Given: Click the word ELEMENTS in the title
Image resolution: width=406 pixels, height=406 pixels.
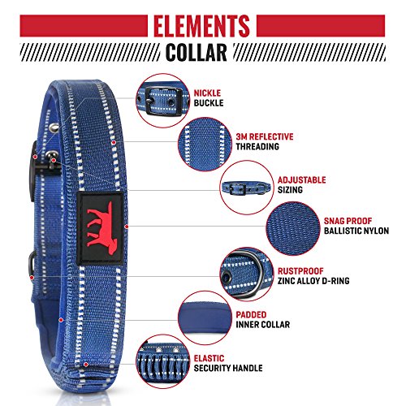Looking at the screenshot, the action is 201,26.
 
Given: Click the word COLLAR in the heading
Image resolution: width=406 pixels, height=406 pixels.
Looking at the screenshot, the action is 197,52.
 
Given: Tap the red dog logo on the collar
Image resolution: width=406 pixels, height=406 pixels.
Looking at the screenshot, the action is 100,228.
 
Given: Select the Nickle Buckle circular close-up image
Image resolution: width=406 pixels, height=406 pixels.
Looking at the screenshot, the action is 163,101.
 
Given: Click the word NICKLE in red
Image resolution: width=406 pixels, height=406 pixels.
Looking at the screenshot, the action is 207,93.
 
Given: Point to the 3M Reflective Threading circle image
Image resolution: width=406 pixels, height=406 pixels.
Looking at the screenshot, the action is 205,145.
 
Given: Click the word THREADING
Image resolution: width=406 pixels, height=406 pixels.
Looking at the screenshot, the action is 257,146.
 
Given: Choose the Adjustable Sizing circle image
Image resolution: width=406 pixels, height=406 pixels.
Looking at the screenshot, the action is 247,188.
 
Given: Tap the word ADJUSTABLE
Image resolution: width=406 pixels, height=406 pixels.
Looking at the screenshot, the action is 301,180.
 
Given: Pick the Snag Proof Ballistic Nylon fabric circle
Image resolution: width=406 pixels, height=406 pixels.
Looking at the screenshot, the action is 293,229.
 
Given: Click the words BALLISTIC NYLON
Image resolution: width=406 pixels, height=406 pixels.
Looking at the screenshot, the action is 356,231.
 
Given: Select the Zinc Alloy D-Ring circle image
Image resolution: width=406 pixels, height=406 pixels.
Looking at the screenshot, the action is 247,274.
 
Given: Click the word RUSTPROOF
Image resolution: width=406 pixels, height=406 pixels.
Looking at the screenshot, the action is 300,271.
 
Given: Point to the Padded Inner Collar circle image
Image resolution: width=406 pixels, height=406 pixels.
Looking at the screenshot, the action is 205,318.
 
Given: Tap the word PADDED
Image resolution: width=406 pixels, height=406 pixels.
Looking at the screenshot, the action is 251,314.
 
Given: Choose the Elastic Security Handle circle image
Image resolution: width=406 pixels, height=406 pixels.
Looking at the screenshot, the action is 163,362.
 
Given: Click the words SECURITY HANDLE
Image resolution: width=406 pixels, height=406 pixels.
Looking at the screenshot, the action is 228,368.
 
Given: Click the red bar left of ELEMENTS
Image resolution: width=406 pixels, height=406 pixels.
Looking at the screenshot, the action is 84,26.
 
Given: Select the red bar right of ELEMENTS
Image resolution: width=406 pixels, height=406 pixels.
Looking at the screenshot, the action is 321,26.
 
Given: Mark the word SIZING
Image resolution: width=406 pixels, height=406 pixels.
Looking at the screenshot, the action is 290,190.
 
